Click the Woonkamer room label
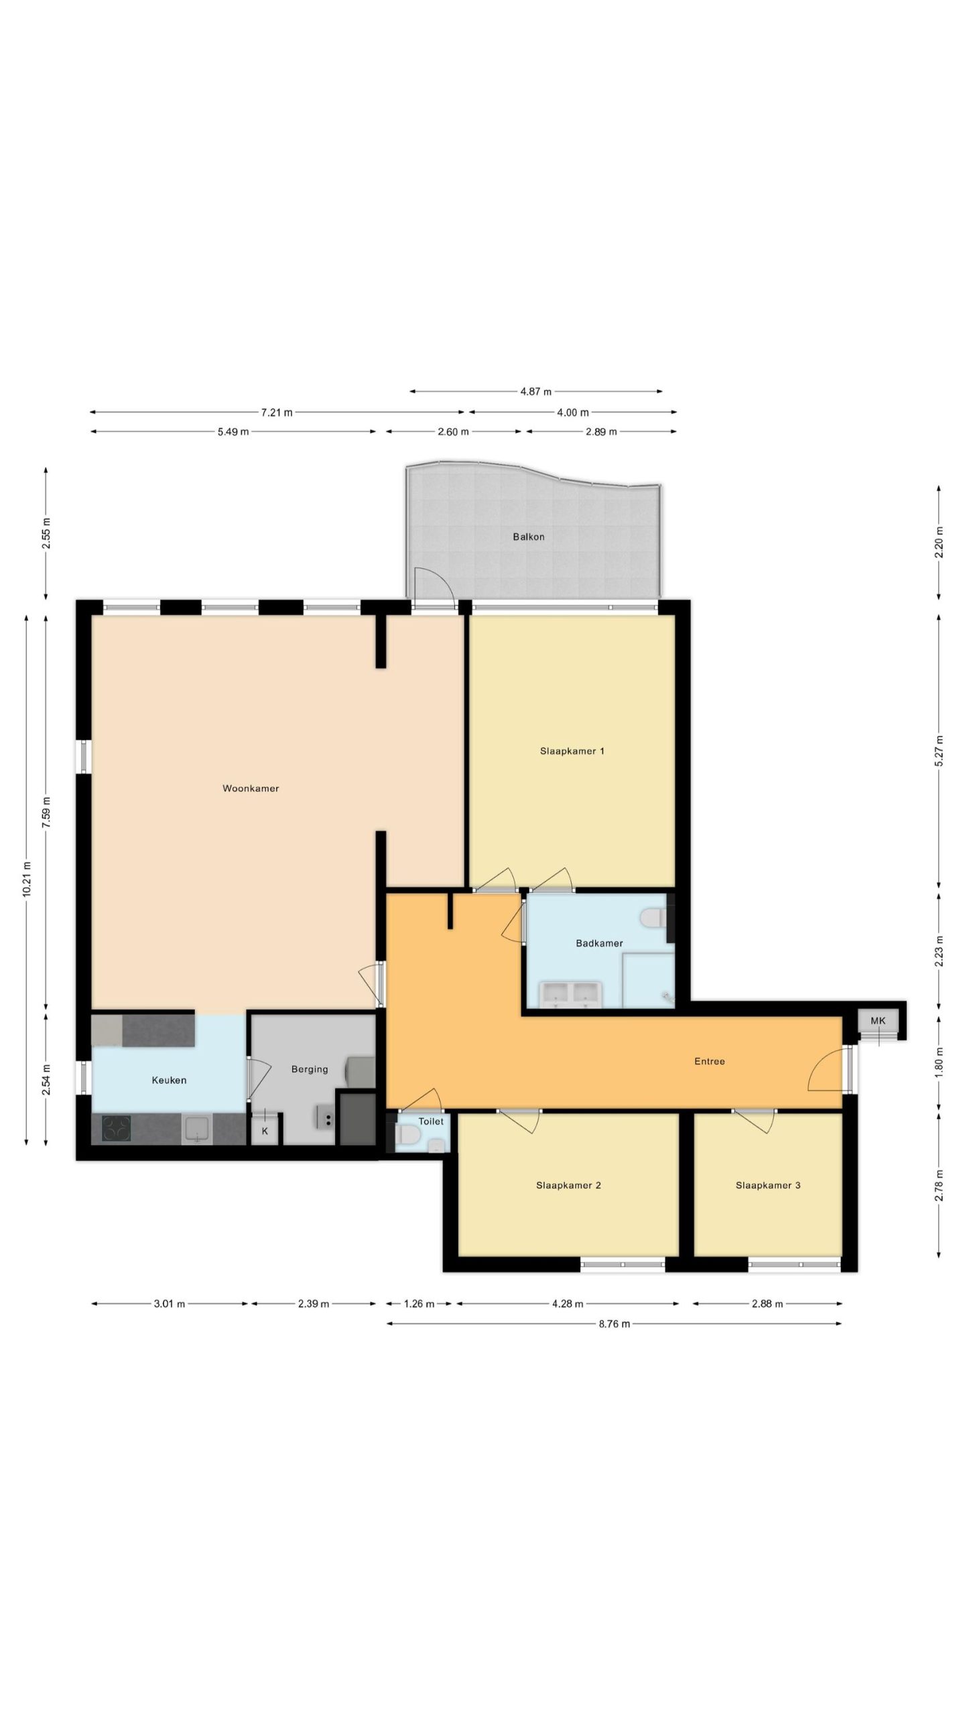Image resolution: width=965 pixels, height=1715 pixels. click(251, 788)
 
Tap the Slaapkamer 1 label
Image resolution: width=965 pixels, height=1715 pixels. click(572, 751)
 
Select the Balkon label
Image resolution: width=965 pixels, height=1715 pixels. click(529, 537)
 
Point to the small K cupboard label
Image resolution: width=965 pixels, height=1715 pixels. click(265, 1131)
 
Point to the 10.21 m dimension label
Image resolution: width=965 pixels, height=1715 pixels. click(26, 878)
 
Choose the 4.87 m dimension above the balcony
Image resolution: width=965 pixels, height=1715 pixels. click(536, 391)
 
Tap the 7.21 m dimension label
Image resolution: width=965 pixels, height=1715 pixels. click(277, 413)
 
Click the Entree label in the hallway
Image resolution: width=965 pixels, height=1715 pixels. click(710, 1061)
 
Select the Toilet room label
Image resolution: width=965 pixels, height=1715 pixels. click(431, 1121)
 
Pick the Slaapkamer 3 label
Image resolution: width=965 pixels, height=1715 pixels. click(768, 1185)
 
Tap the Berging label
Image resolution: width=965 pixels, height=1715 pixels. click(310, 1069)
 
